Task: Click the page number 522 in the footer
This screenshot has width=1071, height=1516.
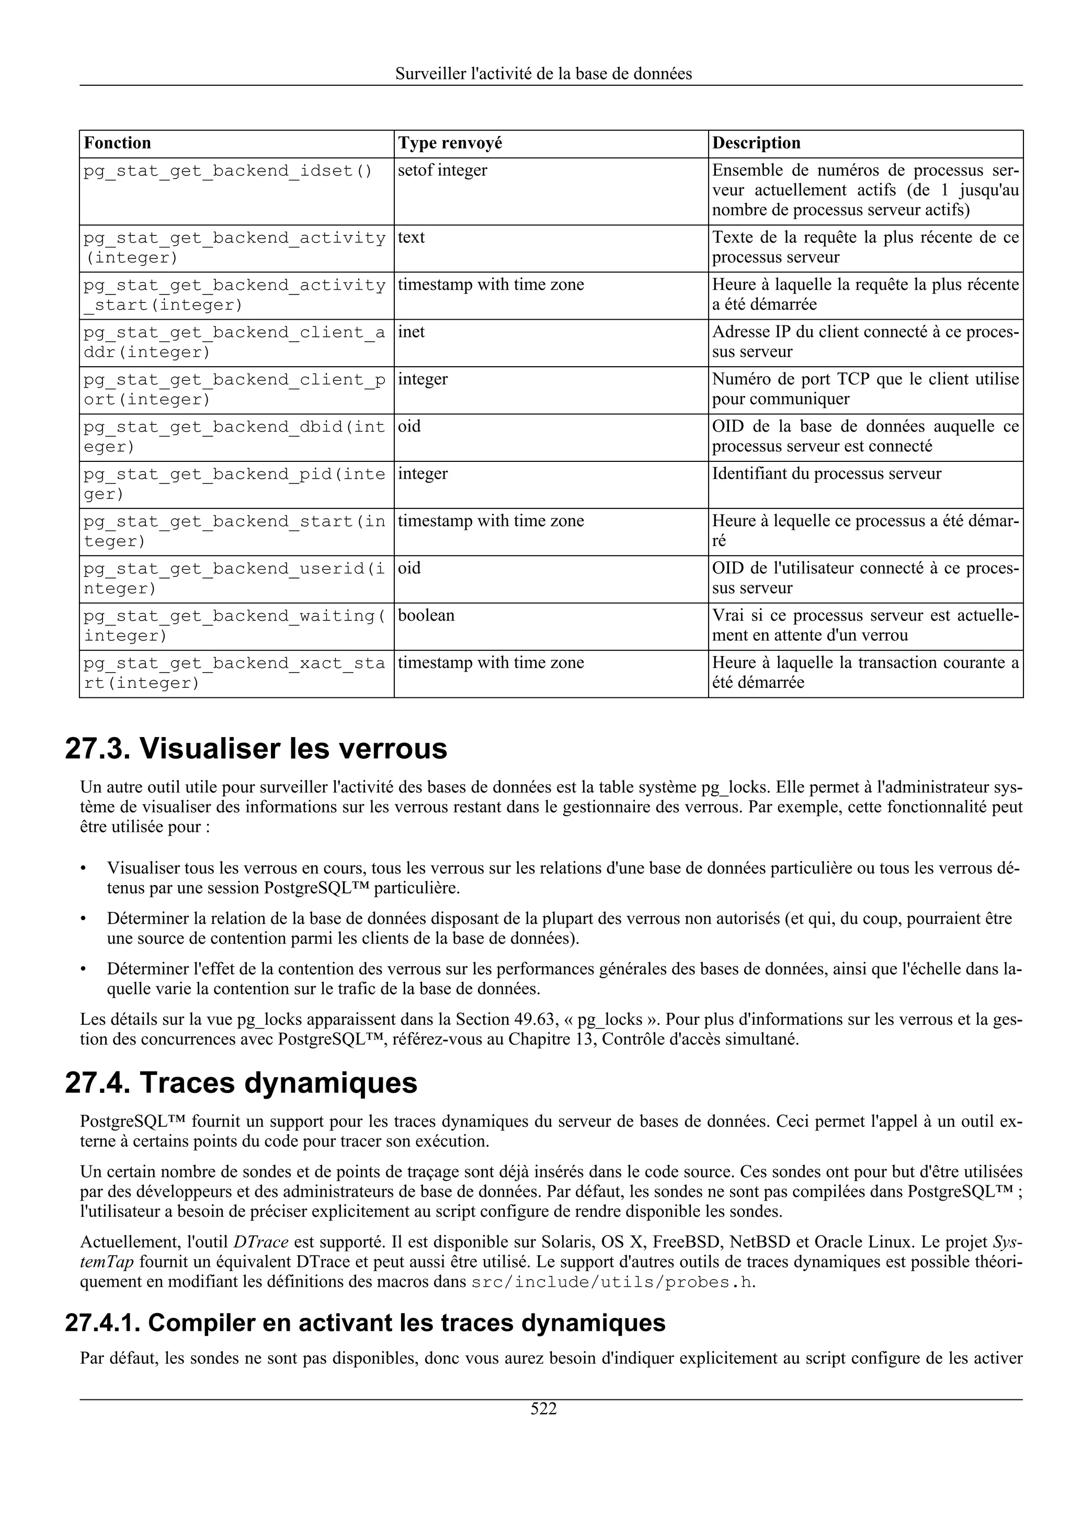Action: pos(543,1409)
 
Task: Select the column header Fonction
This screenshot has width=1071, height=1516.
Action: pos(118,143)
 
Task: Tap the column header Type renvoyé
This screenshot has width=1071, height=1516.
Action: pos(449,143)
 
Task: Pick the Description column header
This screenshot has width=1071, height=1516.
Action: pos(756,143)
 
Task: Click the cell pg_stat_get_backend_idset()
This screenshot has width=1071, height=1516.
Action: pos(227,171)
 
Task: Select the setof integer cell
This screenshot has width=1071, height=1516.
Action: pos(442,171)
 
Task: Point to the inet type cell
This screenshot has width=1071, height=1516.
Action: pos(411,332)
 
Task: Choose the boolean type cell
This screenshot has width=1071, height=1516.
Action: pos(426,615)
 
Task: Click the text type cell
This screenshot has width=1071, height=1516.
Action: pos(411,237)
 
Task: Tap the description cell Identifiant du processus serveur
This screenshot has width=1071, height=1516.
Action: pos(826,473)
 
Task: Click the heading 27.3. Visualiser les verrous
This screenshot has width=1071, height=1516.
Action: pos(256,748)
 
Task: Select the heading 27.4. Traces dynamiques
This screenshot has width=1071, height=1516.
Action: pos(241,1083)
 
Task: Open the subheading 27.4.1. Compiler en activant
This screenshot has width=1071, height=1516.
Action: pos(365,1322)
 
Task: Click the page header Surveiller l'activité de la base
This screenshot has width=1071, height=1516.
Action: pos(543,74)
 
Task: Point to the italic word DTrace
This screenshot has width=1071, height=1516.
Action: pos(261,1242)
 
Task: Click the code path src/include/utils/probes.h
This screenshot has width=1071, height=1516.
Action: pos(612,1282)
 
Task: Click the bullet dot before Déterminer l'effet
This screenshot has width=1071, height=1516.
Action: pos(83,969)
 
